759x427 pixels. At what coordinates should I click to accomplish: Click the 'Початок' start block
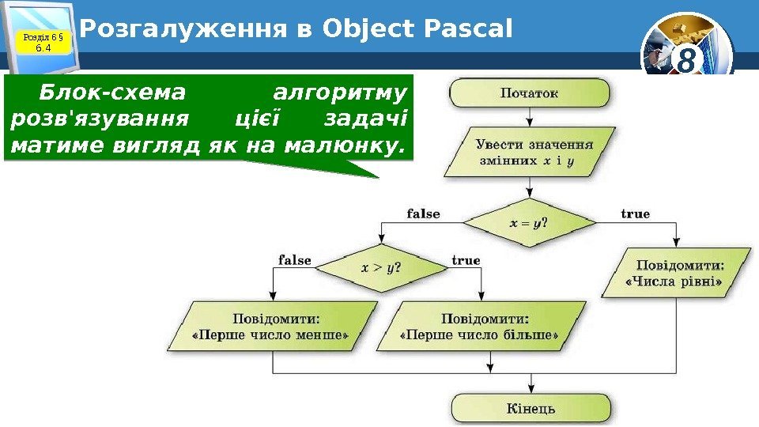(x=530, y=93)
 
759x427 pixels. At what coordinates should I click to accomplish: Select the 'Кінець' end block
(x=531, y=409)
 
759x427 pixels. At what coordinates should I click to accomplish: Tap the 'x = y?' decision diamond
(x=530, y=223)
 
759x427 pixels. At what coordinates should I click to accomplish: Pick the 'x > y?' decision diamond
(x=381, y=267)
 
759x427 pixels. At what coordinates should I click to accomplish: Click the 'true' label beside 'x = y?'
(x=635, y=213)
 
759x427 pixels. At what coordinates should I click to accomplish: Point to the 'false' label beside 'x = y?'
(x=423, y=213)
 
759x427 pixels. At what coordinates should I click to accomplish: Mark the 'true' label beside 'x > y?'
(x=466, y=260)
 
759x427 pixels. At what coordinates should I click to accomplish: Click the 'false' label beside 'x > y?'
(x=295, y=260)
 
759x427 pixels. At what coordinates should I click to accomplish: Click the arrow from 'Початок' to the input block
(x=530, y=117)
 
